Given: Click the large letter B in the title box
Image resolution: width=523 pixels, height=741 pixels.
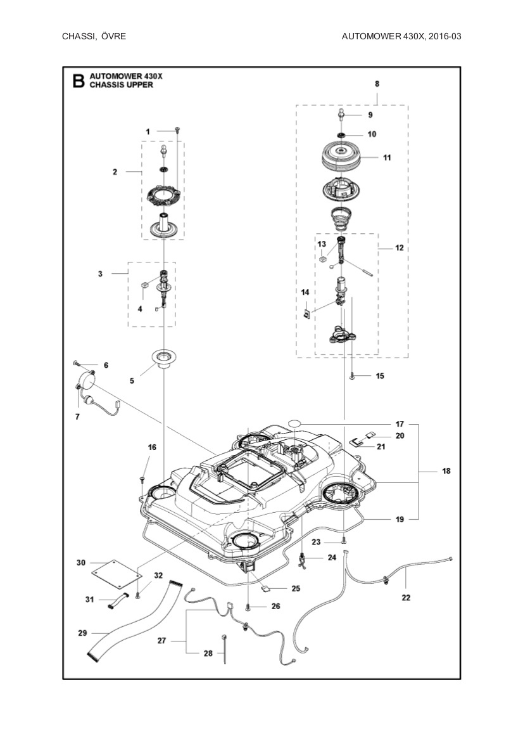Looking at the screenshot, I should click(x=77, y=81).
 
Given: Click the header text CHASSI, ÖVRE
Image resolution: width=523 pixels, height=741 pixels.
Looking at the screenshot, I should click(x=94, y=36).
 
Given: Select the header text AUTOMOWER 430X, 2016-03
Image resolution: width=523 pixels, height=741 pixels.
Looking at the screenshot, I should click(x=401, y=36).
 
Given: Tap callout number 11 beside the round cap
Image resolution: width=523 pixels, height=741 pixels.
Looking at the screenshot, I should click(x=387, y=158).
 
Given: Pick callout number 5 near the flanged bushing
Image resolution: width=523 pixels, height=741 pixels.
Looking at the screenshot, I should click(x=132, y=381).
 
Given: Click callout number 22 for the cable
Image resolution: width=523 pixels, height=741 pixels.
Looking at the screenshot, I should click(x=406, y=597).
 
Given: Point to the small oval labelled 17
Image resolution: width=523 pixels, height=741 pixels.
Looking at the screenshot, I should click(x=296, y=423).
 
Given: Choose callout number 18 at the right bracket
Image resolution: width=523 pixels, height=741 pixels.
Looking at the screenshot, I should click(x=446, y=472).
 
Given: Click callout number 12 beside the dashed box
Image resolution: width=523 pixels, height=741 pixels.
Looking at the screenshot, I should click(x=399, y=248).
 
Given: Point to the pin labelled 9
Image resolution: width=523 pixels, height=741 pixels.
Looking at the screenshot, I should click(x=341, y=114).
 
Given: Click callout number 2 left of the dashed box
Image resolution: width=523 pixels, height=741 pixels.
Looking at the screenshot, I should click(x=115, y=172).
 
